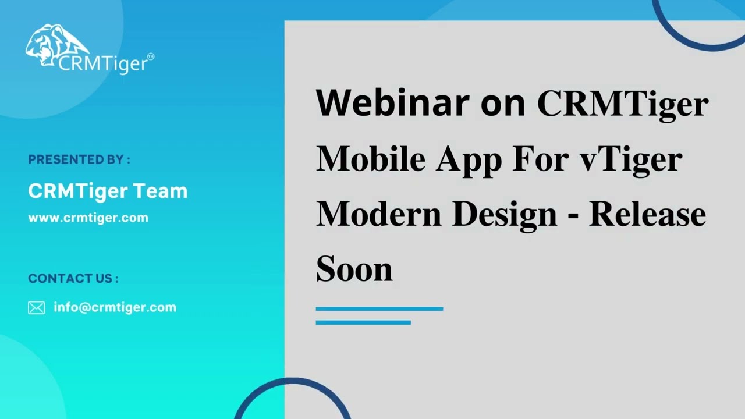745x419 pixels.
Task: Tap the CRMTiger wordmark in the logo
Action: click(x=102, y=63)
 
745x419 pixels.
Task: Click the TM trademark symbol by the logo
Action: click(x=151, y=56)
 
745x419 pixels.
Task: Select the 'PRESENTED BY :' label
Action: click(x=79, y=159)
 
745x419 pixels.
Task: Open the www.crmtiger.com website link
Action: click(x=88, y=218)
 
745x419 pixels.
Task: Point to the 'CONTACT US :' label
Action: click(x=73, y=279)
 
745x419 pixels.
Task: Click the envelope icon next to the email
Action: click(x=36, y=308)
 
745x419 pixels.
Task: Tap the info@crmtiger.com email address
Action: click(x=115, y=307)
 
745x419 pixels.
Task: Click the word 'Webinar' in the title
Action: click(x=392, y=103)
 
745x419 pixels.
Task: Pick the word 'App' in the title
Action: click(x=469, y=159)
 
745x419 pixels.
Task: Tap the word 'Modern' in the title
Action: click(x=378, y=214)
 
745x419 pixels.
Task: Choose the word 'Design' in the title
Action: click(x=504, y=215)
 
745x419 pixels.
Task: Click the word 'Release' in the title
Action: click(x=647, y=214)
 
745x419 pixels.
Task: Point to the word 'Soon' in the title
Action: click(x=354, y=269)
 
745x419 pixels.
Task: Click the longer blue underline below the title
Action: click(x=379, y=308)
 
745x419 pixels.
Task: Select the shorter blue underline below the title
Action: click(x=363, y=322)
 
